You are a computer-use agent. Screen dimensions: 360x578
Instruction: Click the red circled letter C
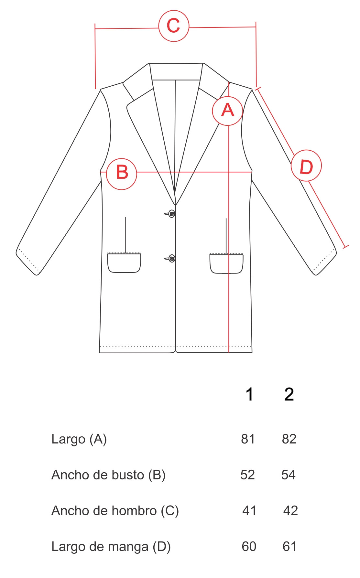tap(174, 26)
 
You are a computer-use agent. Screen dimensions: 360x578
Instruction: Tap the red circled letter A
tap(228, 111)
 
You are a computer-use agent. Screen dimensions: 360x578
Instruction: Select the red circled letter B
tap(122, 174)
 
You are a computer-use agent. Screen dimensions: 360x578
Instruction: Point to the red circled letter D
tap(306, 166)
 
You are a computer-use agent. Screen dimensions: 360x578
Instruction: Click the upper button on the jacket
tap(172, 214)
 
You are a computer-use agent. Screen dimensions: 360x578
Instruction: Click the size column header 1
tap(249, 394)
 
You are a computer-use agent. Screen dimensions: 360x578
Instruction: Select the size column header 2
tap(289, 394)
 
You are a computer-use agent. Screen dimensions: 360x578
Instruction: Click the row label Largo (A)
tap(79, 439)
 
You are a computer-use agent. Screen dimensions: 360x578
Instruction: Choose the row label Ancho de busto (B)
tap(109, 475)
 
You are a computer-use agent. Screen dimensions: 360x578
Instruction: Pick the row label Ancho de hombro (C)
tap(115, 511)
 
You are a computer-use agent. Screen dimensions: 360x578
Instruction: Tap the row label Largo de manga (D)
tap(111, 547)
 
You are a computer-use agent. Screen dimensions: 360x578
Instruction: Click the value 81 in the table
tap(248, 439)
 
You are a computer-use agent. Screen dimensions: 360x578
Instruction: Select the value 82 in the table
tap(289, 439)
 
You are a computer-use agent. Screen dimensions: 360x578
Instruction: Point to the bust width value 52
tap(248, 475)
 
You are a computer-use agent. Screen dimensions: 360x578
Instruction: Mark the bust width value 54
tap(289, 475)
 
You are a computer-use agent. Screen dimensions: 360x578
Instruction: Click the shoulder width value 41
tap(249, 511)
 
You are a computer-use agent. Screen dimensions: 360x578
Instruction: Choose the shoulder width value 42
tap(290, 511)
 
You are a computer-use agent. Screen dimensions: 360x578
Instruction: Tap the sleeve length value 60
tap(249, 547)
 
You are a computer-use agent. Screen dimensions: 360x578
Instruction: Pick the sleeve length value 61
tap(289, 547)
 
